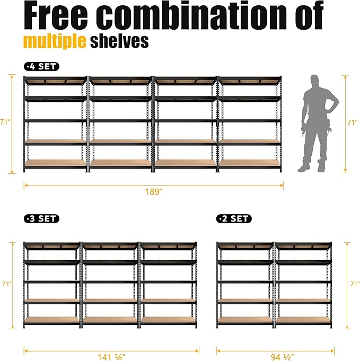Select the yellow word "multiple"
tap(55, 41)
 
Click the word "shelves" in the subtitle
tap(119, 41)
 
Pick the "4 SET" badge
tap(41, 67)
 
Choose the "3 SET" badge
tap(41, 218)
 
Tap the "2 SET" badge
tap(234, 218)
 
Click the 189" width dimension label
tap(153, 192)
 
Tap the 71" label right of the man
tap(352, 122)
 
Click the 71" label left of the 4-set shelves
tap(5, 122)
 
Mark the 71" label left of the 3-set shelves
tap(5, 284)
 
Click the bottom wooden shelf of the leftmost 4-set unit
tap(55, 163)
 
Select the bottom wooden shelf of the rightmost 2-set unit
tap(303, 320)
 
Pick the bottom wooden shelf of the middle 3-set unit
tap(110, 320)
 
